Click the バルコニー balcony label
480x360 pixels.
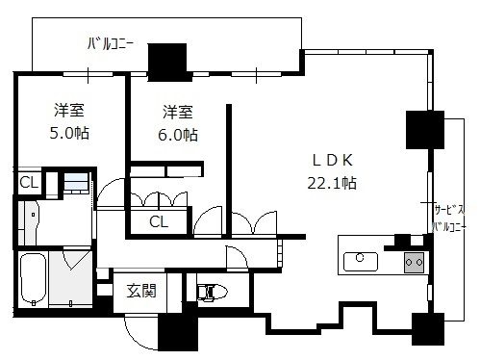pyautogui.click(x=110, y=44)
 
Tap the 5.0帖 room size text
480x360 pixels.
pyautogui.click(x=69, y=133)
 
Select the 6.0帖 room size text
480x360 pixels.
pyautogui.click(x=178, y=135)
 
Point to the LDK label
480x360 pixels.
pyautogui.click(x=333, y=161)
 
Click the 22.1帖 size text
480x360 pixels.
pyautogui.click(x=332, y=183)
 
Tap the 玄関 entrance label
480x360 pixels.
pyautogui.click(x=141, y=291)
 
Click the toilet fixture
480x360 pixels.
pyautogui.click(x=212, y=292)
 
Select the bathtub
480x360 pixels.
pyautogui.click(x=33, y=279)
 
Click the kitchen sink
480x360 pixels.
pyautogui.click(x=361, y=262)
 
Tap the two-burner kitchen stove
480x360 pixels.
pyautogui.click(x=414, y=263)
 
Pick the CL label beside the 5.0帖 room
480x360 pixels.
pyautogui.click(x=29, y=183)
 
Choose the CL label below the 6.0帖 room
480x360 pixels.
pyautogui.click(x=159, y=221)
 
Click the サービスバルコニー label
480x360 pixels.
pyautogui.click(x=448, y=219)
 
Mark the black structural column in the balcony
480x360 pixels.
pyautogui.click(x=167, y=63)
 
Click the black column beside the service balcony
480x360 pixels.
pyautogui.click(x=425, y=130)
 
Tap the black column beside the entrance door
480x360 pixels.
pyautogui.click(x=178, y=332)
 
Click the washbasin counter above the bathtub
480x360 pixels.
pyautogui.click(x=28, y=223)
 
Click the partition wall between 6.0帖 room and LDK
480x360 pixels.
pyautogui.click(x=229, y=171)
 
